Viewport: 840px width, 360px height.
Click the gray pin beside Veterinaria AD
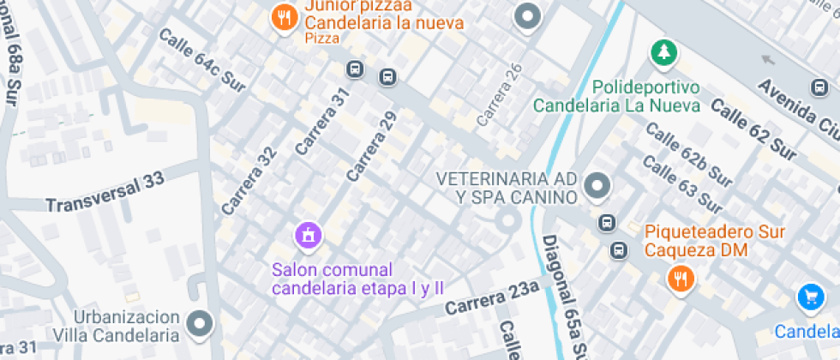coord(596,184)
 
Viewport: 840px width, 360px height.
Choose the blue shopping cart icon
coord(810,297)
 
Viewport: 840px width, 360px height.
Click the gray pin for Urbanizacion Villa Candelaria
coord(201,323)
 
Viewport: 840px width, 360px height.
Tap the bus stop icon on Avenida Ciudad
coord(819,87)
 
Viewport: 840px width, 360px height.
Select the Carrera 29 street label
coord(372,147)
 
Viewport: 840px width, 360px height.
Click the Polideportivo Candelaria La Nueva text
coord(617,97)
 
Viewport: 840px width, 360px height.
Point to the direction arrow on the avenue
coord(768,60)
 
